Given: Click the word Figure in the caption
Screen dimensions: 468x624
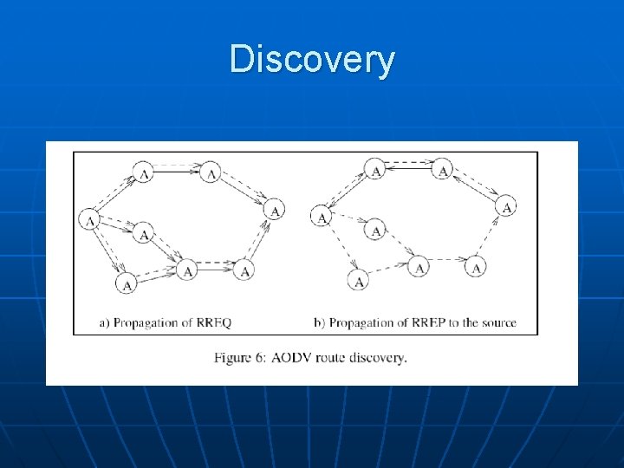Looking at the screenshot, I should point(233,357).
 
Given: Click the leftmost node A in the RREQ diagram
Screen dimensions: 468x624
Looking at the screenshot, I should point(88,220).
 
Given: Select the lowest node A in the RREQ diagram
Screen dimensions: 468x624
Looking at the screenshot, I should point(127,283).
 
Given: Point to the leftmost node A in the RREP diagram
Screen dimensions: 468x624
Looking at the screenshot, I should point(321,217).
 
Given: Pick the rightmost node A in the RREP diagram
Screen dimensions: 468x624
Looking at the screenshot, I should point(506,206).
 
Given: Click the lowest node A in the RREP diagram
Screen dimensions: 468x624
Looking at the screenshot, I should point(358,281).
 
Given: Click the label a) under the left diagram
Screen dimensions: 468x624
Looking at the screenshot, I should point(103,323).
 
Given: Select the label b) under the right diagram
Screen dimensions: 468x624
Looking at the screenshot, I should point(318,323).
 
